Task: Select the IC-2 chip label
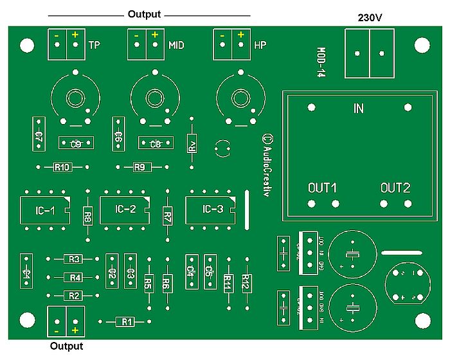(125, 209)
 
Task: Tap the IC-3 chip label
(212, 209)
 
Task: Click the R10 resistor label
(62, 167)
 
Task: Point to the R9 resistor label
(140, 167)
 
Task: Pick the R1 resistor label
(125, 321)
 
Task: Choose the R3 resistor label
(74, 260)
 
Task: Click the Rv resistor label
(191, 145)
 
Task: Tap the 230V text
(370, 17)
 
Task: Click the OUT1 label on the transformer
(323, 188)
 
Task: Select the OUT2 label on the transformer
(395, 188)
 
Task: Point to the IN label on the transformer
(359, 109)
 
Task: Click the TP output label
(94, 45)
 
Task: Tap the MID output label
(176, 45)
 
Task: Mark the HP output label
(260, 45)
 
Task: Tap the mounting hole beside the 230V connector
(421, 44)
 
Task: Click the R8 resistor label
(87, 217)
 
